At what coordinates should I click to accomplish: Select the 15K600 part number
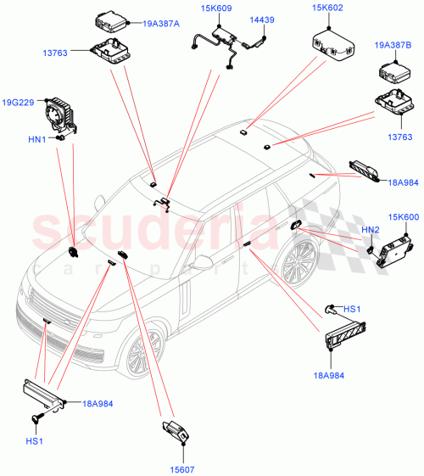[x=402, y=218]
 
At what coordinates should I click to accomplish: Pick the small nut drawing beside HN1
[x=61, y=138]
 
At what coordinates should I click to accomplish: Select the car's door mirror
[x=201, y=264]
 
